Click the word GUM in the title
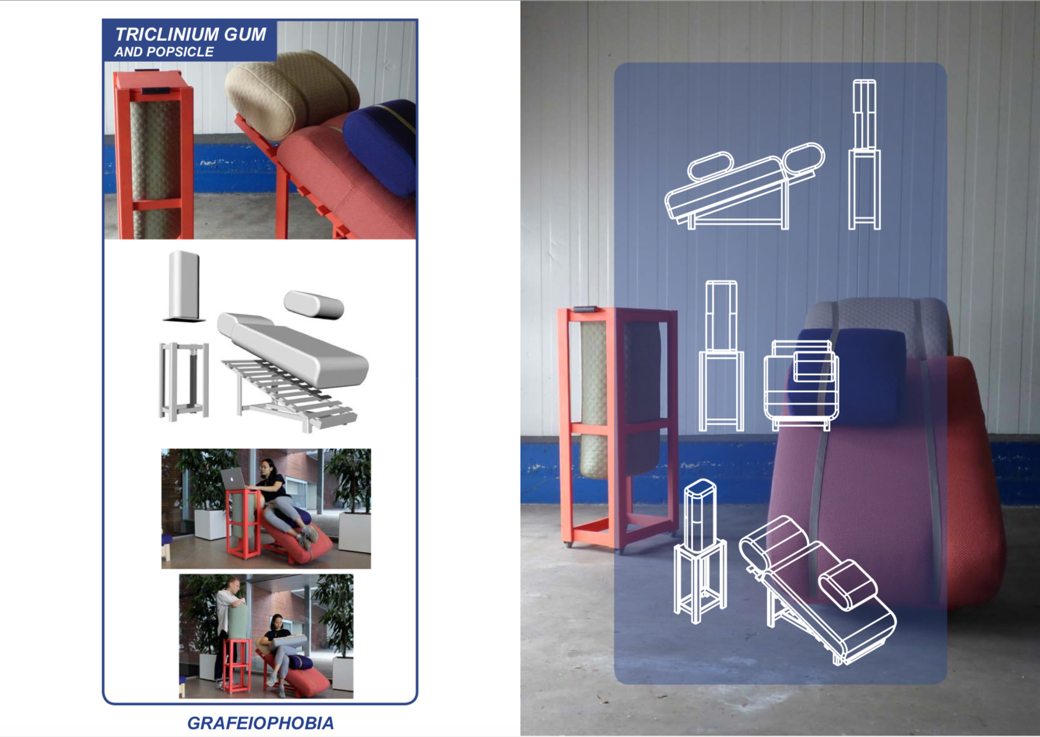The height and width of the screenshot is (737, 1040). [x=245, y=34]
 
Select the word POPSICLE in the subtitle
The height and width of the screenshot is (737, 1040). [x=181, y=52]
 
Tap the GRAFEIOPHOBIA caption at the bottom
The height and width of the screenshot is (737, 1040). [x=261, y=723]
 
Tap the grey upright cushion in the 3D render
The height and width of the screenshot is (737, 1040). [x=184, y=286]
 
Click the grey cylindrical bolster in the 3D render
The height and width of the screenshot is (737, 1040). [x=314, y=304]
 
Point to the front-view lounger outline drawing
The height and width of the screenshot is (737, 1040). [x=802, y=385]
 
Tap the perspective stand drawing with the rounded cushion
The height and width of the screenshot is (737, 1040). [x=700, y=550]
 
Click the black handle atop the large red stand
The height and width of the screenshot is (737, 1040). [x=584, y=309]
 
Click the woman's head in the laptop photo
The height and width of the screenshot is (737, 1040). [x=266, y=466]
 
